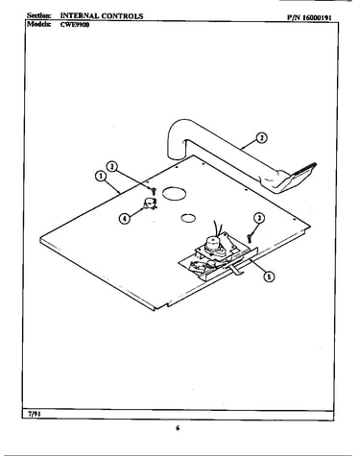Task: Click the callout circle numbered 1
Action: (101, 176)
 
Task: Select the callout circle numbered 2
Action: (262, 138)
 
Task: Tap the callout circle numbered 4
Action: (125, 219)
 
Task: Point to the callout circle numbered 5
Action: (269, 276)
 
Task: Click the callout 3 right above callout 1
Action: (112, 166)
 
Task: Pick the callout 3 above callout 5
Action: (259, 218)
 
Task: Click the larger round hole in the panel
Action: (174, 193)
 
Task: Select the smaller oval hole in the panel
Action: (188, 218)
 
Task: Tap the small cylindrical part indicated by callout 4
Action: (150, 204)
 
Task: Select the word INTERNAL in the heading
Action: (79, 15)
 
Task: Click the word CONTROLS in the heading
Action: (122, 15)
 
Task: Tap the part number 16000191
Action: (317, 17)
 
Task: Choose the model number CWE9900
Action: (75, 25)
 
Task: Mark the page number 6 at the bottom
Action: (178, 428)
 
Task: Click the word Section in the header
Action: (38, 15)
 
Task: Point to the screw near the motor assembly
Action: (250, 237)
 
